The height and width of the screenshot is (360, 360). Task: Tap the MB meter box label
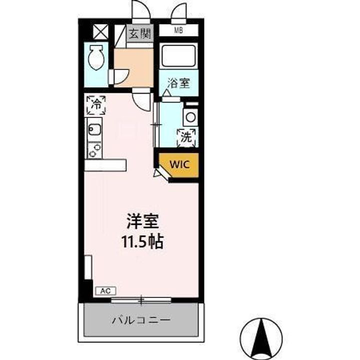[178, 30]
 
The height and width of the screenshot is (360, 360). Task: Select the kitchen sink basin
[94, 131]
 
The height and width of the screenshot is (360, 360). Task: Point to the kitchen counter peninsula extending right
[105, 165]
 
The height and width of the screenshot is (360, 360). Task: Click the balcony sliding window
[141, 300]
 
